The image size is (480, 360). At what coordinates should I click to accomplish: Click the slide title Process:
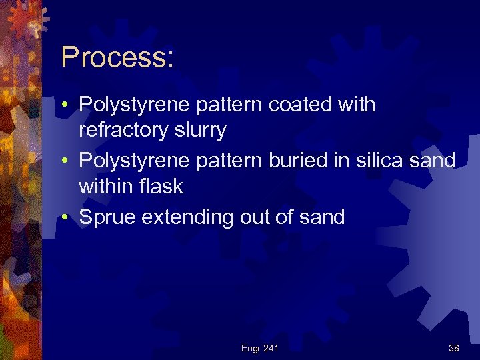point(117,58)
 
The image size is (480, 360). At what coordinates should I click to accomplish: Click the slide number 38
point(453,348)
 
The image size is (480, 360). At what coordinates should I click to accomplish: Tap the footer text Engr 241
point(259,348)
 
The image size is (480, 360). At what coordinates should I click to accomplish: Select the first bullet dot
point(67,105)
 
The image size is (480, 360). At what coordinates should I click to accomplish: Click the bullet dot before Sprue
point(67,218)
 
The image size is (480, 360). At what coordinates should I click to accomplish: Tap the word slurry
point(201,131)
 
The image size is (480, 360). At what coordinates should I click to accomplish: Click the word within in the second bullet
point(104,187)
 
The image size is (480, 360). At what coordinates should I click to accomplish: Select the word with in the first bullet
point(355,105)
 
